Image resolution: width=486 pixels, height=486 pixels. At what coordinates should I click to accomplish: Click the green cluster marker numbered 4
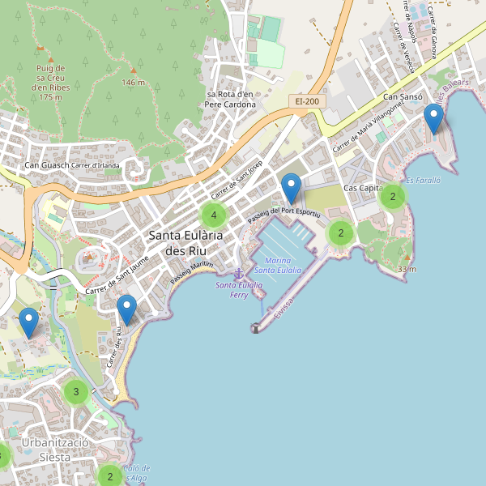point(213,215)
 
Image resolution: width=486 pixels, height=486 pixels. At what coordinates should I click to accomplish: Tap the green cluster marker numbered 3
point(75,393)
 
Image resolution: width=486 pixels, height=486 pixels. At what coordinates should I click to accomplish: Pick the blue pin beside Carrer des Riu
point(126,309)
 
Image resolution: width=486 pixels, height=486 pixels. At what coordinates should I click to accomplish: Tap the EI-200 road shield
point(306,101)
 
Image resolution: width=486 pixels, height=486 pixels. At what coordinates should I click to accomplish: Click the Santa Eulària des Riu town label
point(186,242)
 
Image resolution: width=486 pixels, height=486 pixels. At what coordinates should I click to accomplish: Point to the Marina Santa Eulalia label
point(278,265)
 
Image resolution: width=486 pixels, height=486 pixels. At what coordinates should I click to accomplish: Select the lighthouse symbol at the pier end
point(255,328)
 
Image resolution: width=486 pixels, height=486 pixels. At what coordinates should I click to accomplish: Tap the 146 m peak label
point(133,83)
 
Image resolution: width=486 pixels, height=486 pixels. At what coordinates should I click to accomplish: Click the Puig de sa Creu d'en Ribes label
point(50,82)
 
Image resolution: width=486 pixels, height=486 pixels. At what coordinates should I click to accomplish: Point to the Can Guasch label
point(46,166)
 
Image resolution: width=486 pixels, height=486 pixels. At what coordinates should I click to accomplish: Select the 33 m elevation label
point(407,269)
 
